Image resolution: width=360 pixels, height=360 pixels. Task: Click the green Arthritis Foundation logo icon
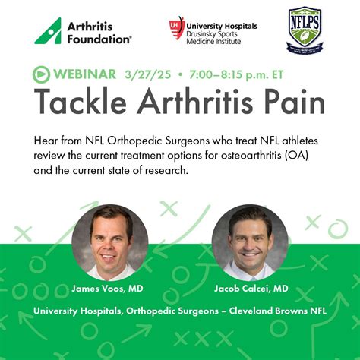coord(46,30)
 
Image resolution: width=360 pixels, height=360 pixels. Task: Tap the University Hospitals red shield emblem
coord(177,28)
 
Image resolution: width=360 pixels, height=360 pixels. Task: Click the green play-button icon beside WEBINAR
coord(40,74)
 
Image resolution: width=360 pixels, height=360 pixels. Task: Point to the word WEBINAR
coord(84,74)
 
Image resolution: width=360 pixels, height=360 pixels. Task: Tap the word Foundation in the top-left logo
coord(99,38)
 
